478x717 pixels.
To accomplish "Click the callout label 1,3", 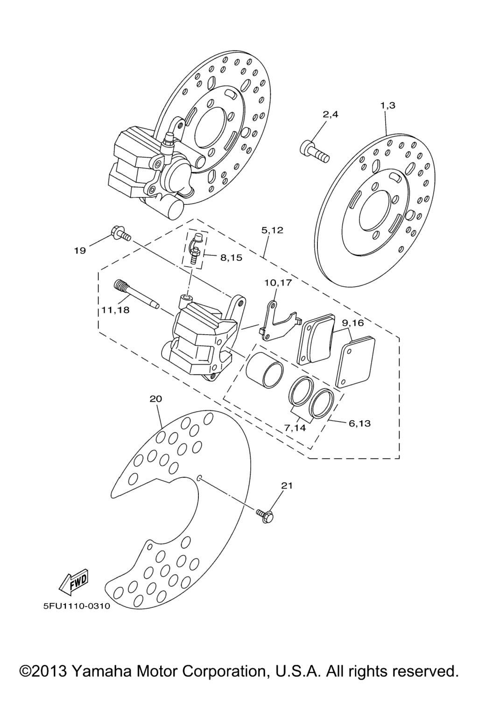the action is coord(388,105).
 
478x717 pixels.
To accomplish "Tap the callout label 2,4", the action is coord(330,114).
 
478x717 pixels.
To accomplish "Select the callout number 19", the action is coord(80,250).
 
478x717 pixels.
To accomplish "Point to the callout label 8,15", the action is coord(231,257).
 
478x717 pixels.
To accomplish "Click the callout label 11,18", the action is coord(115,310).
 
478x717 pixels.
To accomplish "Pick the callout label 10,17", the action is coord(278,282).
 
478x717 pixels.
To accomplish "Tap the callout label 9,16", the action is coord(352,323).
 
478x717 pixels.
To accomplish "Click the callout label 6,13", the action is coord(359,423).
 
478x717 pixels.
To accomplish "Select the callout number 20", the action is coord(156,399).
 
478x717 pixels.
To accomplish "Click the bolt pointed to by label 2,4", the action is coord(315,151).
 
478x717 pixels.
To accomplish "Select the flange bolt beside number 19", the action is coord(121,233).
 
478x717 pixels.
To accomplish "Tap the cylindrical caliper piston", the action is coord(264,368).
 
